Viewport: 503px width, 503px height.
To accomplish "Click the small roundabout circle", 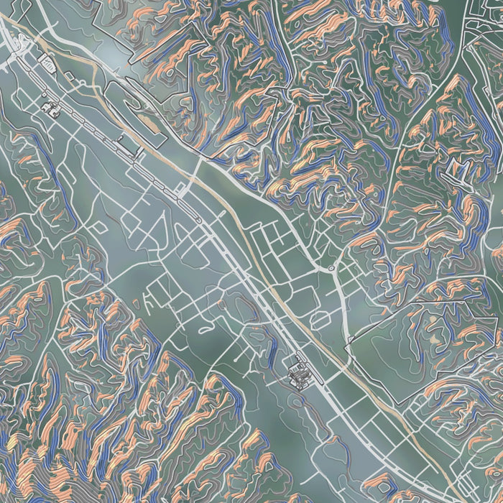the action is (331, 268).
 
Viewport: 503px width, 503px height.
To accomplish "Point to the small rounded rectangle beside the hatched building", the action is (49, 65).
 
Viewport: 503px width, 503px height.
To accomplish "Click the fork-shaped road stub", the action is (152, 296).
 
